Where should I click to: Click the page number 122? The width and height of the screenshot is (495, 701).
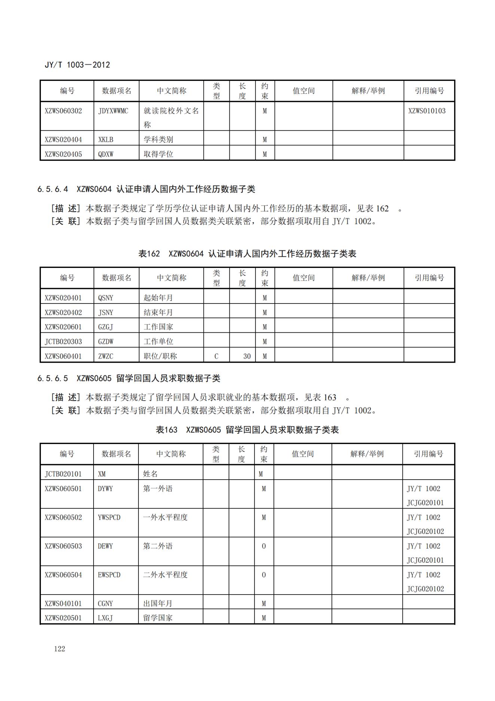click(x=59, y=649)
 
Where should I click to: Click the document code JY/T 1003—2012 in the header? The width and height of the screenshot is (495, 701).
click(x=77, y=64)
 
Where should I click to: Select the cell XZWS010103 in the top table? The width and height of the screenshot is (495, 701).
click(x=427, y=111)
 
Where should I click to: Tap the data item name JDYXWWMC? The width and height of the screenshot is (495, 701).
click(x=113, y=111)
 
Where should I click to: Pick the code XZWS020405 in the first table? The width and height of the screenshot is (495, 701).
click(x=63, y=154)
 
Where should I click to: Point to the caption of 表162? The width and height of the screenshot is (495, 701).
click(x=247, y=254)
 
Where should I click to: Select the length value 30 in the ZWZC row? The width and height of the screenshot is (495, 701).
click(x=247, y=356)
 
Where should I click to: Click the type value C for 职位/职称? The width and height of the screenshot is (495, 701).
click(x=216, y=356)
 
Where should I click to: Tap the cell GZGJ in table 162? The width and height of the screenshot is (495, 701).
click(x=106, y=327)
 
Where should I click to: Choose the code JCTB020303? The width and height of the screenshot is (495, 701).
click(x=63, y=341)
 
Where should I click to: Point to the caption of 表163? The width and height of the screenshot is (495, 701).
click(x=247, y=430)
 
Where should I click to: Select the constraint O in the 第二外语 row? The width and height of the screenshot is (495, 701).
click(x=264, y=546)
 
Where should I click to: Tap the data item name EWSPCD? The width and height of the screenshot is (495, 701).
click(x=109, y=575)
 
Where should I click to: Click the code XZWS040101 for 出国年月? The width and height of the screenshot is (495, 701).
click(x=63, y=604)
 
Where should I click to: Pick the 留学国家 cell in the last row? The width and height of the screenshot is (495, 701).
click(x=158, y=618)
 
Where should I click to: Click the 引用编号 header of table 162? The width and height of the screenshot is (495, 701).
click(x=429, y=278)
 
